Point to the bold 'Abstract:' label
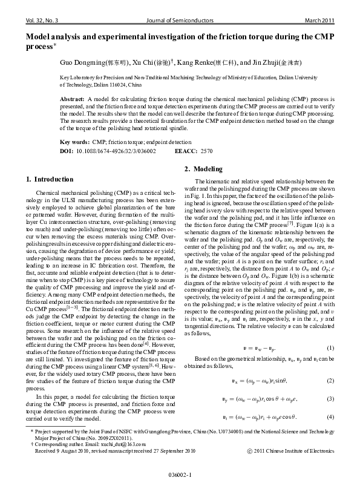[x=73, y=98]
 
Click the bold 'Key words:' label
[x=74, y=141]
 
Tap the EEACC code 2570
[x=206, y=149]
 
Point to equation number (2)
[x=330, y=381]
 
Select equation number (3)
[x=330, y=399]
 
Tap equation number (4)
[x=330, y=417]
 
